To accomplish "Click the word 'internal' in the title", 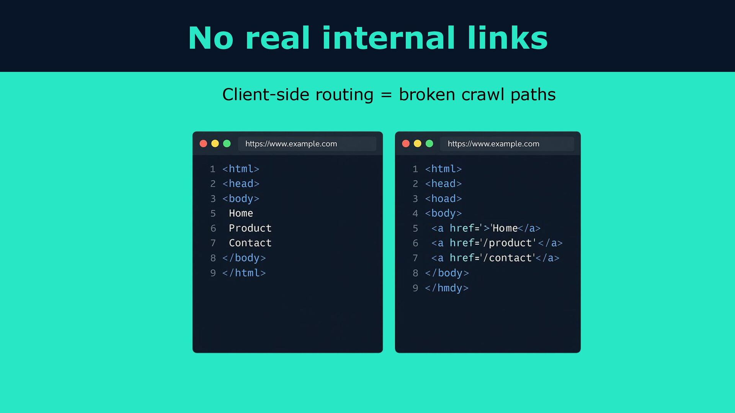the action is (388, 38).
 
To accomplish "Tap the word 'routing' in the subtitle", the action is (344, 95).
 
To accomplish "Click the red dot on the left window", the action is (203, 143).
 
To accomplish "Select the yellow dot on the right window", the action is (417, 143).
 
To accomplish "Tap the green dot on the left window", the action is (227, 143).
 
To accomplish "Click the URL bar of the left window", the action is (307, 144).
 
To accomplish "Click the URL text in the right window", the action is (493, 144).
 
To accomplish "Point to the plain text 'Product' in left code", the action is (250, 228).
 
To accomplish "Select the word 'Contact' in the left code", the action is (250, 243).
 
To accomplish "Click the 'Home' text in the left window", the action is (241, 213).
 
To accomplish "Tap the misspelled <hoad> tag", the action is (443, 198).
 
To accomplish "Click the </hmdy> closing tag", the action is (446, 288).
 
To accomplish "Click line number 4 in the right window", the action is (415, 213).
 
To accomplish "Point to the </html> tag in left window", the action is (244, 273).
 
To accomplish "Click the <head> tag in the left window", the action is (241, 184).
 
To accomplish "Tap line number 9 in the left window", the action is (213, 273).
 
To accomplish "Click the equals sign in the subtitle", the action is (386, 95).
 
